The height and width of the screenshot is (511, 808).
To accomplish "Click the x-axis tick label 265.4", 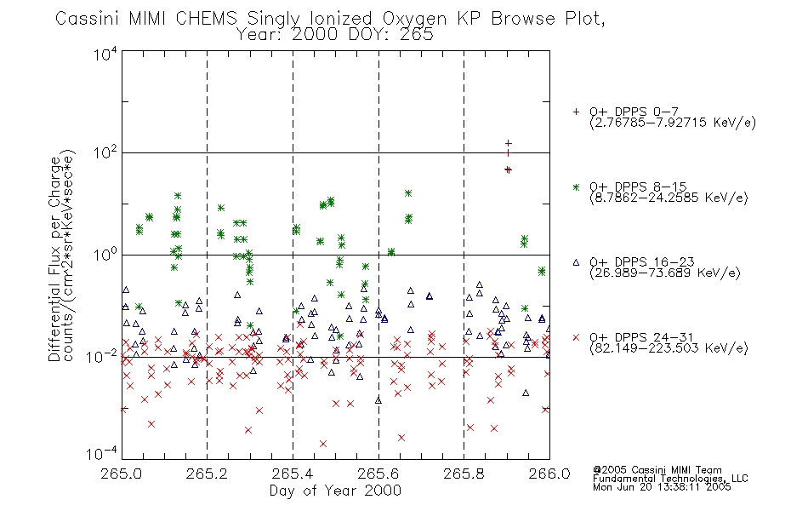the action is [x=293, y=474].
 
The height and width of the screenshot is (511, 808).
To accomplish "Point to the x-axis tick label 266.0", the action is [x=549, y=474].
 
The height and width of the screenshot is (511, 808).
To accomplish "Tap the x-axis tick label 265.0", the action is [x=122, y=474].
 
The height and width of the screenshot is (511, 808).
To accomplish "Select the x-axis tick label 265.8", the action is [x=464, y=474].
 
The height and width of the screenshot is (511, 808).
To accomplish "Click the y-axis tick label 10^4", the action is [x=105, y=54].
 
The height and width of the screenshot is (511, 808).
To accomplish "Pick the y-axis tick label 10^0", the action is [x=105, y=255].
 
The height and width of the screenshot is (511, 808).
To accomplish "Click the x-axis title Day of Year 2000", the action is [x=335, y=491].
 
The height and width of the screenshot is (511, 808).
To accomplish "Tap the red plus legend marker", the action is [x=576, y=112].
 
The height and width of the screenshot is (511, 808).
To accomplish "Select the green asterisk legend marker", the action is [x=576, y=187].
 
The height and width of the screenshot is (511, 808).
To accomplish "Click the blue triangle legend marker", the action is [x=576, y=262].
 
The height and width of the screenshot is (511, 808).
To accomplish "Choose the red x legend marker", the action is [x=576, y=337].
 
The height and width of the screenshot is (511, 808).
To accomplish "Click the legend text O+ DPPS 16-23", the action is [x=642, y=262].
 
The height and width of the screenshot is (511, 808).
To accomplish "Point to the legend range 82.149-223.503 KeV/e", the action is [x=669, y=348].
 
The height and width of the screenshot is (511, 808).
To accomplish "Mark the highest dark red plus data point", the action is [x=508, y=143].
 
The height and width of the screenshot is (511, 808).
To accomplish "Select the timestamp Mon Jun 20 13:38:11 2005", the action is [x=662, y=487].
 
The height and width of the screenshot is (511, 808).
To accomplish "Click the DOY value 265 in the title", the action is [x=417, y=35].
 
